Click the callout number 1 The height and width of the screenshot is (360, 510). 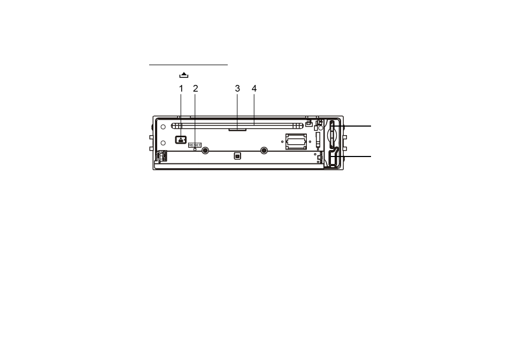click(181, 88)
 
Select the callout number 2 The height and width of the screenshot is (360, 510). click(196, 88)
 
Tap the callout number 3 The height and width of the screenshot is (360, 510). click(237, 88)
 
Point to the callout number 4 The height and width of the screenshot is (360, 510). click(254, 88)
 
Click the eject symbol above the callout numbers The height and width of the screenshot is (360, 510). click(184, 75)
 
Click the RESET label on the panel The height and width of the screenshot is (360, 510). click(195, 145)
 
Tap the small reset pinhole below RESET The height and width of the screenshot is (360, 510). click(195, 149)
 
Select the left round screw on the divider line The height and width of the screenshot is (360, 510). click(205, 151)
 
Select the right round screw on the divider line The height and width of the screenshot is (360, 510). click(264, 151)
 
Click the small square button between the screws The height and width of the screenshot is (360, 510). click(237, 156)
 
